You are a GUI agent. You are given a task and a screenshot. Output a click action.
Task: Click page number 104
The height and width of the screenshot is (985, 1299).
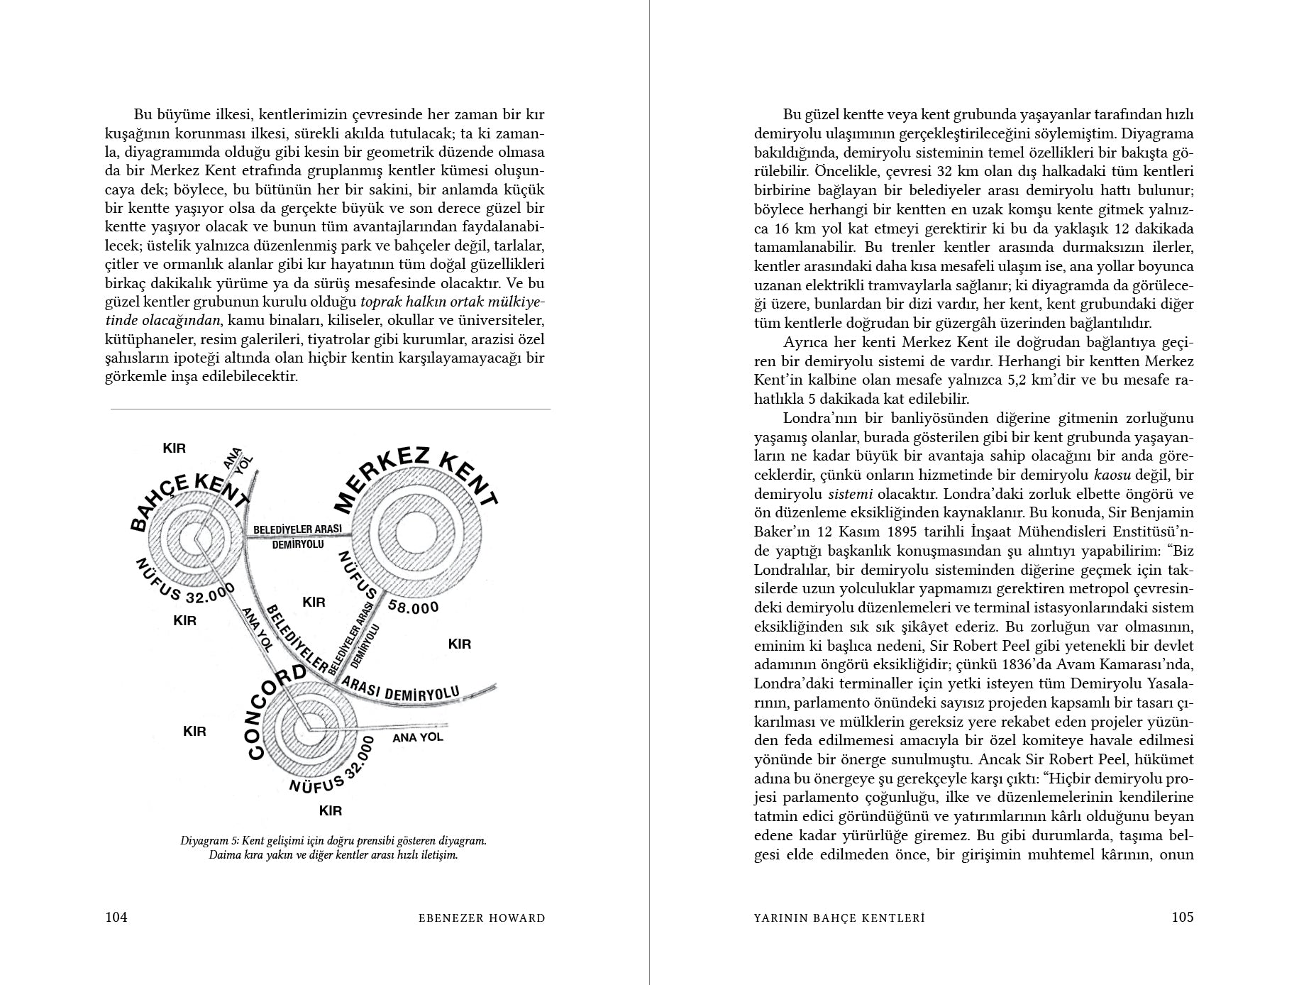pyautogui.click(x=116, y=917)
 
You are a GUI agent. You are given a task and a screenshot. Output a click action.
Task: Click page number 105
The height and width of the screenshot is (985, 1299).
pyautogui.click(x=1182, y=917)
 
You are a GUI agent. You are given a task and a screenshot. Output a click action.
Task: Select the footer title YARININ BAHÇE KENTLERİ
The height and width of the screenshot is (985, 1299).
pyautogui.click(x=839, y=918)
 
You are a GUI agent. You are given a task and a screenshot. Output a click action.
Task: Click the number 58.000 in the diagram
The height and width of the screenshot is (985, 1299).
pyautogui.click(x=414, y=607)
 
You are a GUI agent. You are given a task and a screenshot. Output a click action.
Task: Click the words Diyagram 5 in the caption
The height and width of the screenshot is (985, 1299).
pyautogui.click(x=209, y=840)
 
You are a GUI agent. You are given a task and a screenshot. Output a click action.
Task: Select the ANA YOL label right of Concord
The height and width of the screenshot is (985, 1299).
pyautogui.click(x=417, y=737)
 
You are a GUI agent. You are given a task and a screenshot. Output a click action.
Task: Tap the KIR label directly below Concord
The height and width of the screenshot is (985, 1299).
pyautogui.click(x=331, y=810)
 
